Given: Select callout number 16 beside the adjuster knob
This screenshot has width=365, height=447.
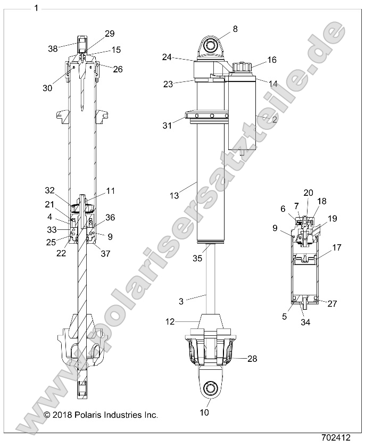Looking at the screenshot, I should (x=272, y=60).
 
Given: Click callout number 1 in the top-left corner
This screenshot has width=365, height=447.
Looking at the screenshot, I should (x=36, y=8).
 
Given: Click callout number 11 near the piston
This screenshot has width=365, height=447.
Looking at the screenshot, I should (x=110, y=191).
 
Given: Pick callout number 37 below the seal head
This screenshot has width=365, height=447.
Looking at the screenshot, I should (x=105, y=254).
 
